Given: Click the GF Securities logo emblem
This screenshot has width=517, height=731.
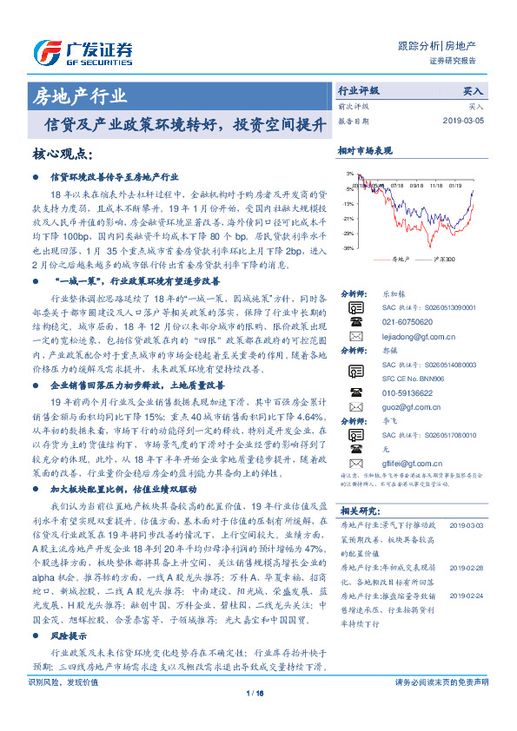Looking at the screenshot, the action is point(45,49).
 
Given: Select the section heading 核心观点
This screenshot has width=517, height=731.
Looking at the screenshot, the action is point(62,154).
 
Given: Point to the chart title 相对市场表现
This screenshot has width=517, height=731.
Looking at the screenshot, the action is point(365,151).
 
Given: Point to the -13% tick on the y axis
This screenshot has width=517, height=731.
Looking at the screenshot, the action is point(347,203).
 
